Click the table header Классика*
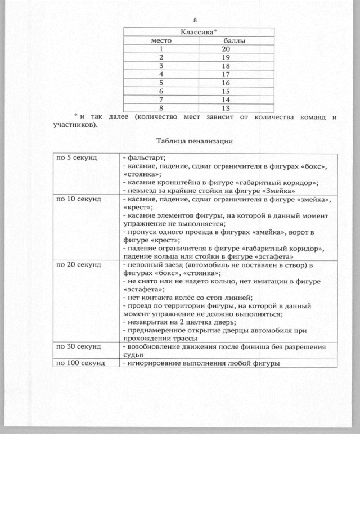[199, 33]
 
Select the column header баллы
[234, 41]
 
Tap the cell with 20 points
[226, 49]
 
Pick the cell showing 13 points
[226, 108]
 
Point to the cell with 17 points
[226, 74]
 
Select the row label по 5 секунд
[76, 158]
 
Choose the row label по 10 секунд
[78, 199]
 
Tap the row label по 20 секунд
[78, 264]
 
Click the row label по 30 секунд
[78, 346]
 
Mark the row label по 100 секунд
[80, 363]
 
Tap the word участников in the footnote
[74, 125]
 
